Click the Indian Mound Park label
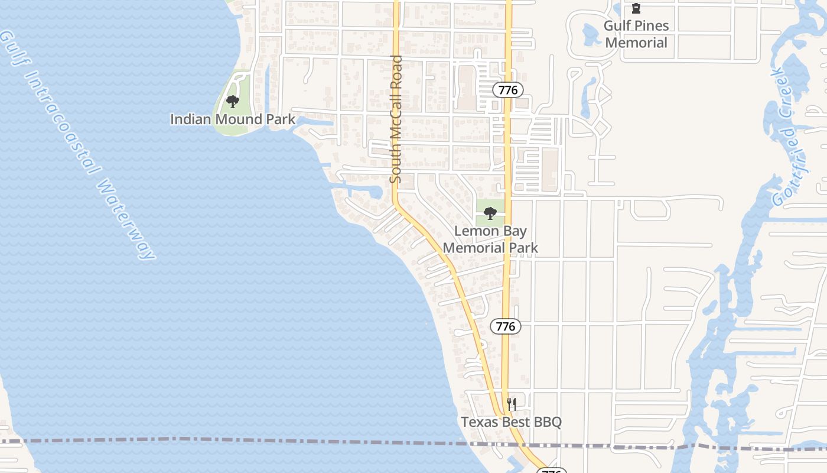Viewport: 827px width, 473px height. coord(233,119)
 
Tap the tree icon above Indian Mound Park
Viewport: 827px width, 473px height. coord(233,102)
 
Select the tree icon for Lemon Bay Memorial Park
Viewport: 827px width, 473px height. coord(490,214)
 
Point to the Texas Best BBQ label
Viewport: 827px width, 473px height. coord(511,422)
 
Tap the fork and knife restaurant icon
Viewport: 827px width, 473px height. coord(512,405)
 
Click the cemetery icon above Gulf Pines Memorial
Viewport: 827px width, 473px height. coord(636,9)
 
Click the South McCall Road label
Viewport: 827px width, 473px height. coord(396,119)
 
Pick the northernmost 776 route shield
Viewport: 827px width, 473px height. coord(507,90)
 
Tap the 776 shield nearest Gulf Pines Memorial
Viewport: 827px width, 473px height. coord(507,90)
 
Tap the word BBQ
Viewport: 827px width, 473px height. coord(547,422)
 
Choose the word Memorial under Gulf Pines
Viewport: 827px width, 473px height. coord(636,43)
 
